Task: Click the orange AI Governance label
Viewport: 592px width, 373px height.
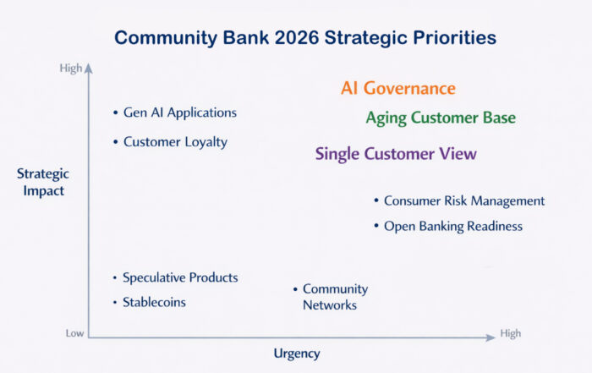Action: tap(398, 88)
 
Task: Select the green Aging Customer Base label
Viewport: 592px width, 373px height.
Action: tap(441, 118)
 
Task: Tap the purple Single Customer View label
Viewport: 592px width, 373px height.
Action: tap(396, 154)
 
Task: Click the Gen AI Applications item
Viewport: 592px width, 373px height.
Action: tap(180, 112)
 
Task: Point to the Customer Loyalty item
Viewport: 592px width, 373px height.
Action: tap(176, 142)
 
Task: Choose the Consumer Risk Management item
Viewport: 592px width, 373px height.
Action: tap(464, 200)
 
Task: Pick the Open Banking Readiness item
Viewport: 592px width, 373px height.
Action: tap(453, 226)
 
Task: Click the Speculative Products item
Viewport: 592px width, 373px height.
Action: tap(180, 277)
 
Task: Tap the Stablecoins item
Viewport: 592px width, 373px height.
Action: tap(154, 302)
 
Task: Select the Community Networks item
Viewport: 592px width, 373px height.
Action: tap(335, 297)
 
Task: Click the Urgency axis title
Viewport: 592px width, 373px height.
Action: tap(297, 354)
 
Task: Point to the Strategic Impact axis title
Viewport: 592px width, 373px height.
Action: tap(43, 182)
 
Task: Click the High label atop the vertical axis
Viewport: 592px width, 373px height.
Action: tap(70, 69)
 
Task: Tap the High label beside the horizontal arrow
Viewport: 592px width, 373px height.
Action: tap(511, 333)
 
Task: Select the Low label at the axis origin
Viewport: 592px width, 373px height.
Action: tap(74, 333)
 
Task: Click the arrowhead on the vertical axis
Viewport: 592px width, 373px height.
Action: tap(88, 68)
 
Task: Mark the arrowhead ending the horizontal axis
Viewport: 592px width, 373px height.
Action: tap(491, 337)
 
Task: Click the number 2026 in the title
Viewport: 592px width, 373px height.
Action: tap(297, 38)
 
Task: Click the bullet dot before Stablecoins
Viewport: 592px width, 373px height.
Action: tap(115, 303)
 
